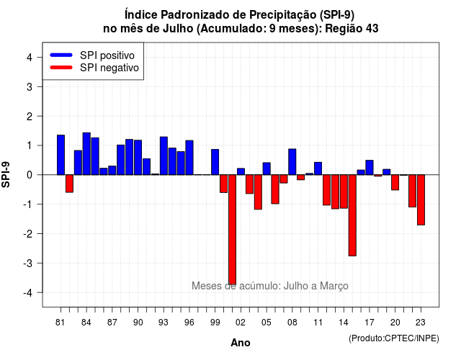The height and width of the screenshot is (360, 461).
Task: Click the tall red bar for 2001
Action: (x=232, y=230)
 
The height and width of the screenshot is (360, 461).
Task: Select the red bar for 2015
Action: (x=352, y=215)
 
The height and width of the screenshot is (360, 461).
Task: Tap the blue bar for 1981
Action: (x=61, y=155)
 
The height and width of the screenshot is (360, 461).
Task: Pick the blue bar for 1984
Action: (x=86, y=153)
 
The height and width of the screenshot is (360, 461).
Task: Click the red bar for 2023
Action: (x=421, y=200)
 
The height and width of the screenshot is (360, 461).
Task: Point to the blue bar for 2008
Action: (x=292, y=162)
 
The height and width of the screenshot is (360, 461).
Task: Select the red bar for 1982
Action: (x=69, y=184)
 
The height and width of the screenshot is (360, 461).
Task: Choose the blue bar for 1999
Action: (x=215, y=162)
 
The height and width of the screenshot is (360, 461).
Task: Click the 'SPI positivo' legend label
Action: (x=107, y=55)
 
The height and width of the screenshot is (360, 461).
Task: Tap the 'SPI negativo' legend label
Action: (x=109, y=68)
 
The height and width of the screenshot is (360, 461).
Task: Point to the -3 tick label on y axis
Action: (x=29, y=263)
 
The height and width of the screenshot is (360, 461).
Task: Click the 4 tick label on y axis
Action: (x=30, y=58)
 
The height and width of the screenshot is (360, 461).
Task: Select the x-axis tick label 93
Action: (x=164, y=323)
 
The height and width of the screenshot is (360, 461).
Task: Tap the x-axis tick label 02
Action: (x=241, y=323)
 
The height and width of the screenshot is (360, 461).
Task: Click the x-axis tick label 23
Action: (x=421, y=323)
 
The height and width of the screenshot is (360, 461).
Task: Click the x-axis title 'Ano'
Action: (x=241, y=343)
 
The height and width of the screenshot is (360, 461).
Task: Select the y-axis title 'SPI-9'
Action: (x=6, y=174)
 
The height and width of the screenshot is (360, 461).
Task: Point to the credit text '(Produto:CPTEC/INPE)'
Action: (x=394, y=338)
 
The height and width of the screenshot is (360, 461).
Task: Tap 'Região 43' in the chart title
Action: (x=352, y=29)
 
